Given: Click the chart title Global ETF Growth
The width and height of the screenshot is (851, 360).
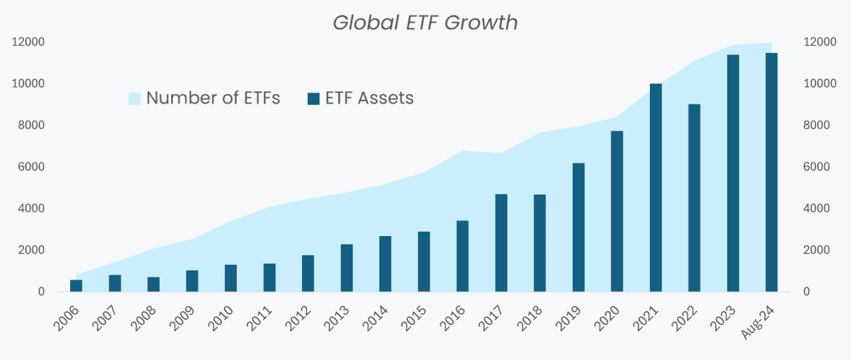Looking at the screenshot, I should (425, 22).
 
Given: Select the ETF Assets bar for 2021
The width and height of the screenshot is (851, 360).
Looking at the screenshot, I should (656, 188).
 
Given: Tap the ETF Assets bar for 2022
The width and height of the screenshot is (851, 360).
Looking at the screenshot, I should (694, 198).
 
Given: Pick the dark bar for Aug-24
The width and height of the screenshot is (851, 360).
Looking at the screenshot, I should (772, 172).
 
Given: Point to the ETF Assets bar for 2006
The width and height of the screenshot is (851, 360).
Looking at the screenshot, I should (76, 286).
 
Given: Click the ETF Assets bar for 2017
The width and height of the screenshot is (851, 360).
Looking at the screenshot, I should (501, 243).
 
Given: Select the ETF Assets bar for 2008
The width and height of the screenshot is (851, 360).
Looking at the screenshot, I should (153, 284).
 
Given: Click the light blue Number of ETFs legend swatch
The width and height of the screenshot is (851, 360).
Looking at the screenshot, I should (134, 98).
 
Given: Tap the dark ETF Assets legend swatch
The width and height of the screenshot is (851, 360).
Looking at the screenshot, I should (313, 98).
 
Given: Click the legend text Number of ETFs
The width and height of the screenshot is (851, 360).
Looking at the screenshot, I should (213, 98).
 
